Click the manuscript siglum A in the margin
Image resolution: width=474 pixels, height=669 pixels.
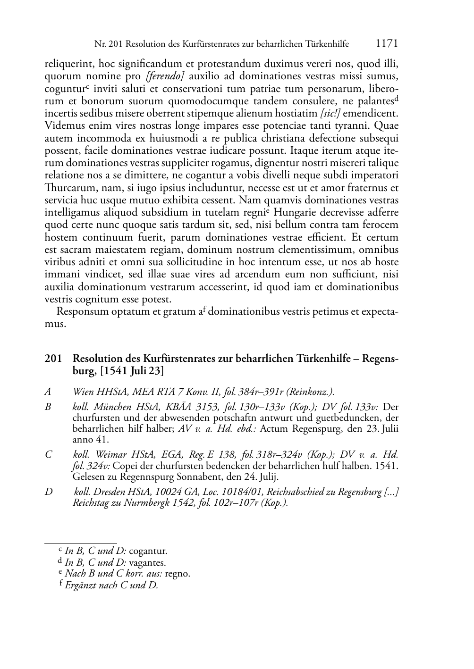48,391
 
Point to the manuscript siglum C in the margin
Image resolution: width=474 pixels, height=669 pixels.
48,455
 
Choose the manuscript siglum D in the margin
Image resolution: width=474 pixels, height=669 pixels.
49,492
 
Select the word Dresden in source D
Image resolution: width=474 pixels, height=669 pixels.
111,492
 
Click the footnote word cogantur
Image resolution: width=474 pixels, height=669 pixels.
148,551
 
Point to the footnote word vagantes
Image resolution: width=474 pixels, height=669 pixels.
147,562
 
